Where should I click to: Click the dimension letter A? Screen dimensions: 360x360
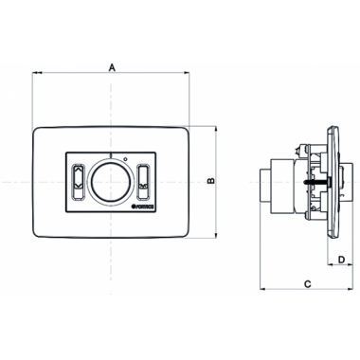coord(112,67)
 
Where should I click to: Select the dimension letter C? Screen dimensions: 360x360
coord(309,283)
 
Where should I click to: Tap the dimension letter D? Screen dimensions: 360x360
coord(340,257)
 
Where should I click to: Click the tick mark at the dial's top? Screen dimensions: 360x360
coord(110,155)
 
